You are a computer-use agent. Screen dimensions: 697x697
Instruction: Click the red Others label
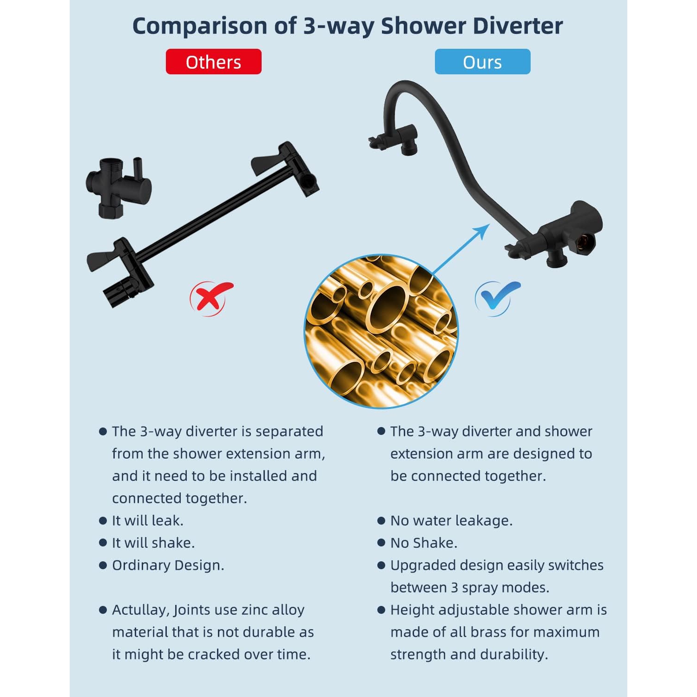coord(213,62)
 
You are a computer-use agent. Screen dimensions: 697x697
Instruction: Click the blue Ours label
coord(482,62)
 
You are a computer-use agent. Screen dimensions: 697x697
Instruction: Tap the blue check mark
coord(496,298)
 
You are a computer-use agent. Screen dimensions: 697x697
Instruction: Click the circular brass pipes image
coord(381,331)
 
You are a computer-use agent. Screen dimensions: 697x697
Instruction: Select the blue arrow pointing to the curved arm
coord(461,250)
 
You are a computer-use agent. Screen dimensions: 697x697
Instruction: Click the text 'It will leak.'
coord(147,520)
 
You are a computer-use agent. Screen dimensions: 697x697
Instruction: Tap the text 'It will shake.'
coord(153,543)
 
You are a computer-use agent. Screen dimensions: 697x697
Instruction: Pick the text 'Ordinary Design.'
coord(168,565)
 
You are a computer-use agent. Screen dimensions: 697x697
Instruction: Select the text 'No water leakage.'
coord(451,520)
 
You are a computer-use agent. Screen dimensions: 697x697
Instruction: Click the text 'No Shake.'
coord(424,543)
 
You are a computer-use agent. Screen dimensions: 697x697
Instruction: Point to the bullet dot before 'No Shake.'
coord(381,543)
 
